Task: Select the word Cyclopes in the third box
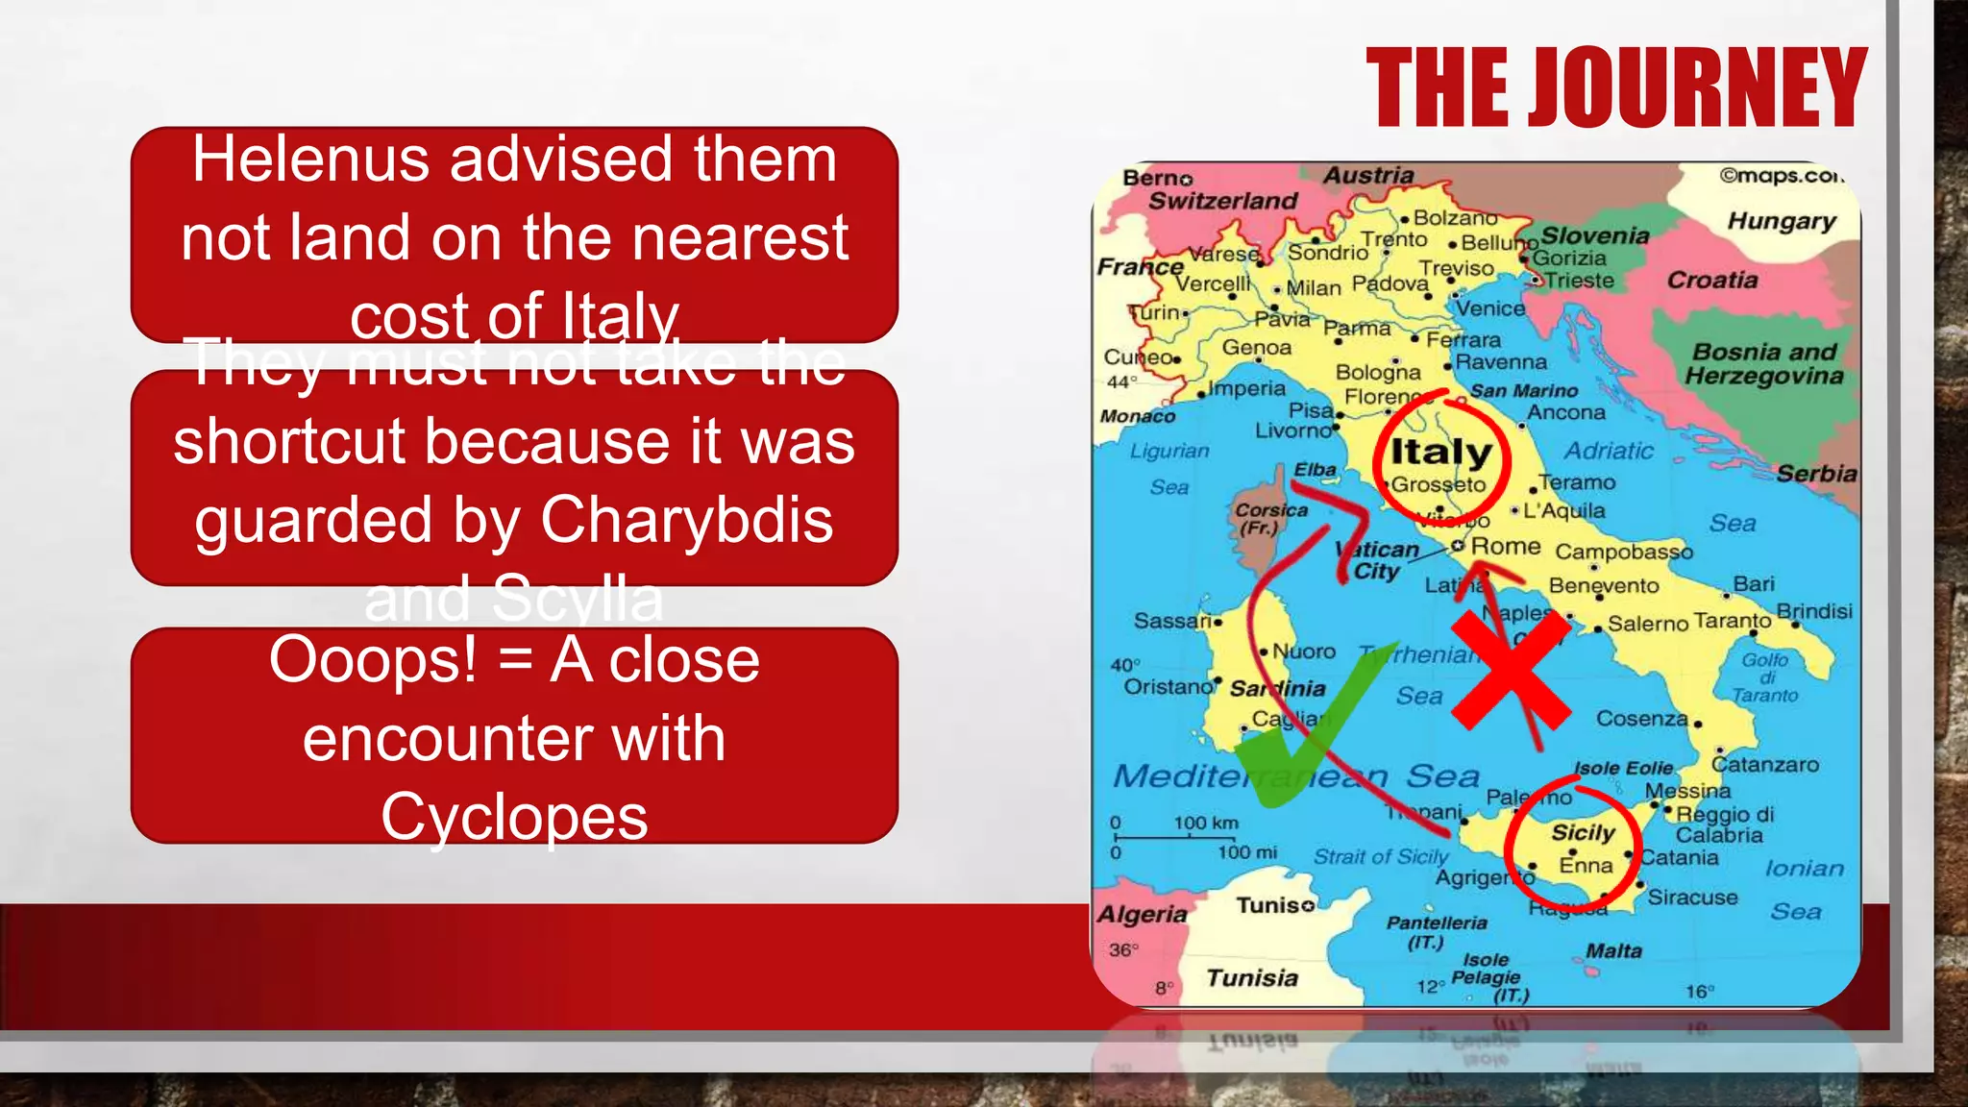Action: coord(514,817)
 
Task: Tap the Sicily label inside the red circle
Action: coord(1583,832)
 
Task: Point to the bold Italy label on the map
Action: coord(1441,451)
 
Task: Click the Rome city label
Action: coord(1505,546)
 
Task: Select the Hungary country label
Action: coord(1781,221)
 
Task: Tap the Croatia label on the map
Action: coord(1711,280)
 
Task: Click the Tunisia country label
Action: coord(1251,977)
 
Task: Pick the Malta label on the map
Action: coord(1613,950)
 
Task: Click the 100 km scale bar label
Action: coord(1205,823)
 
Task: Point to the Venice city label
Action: coord(1490,308)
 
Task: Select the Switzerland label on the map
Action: coord(1222,201)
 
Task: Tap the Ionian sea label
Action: coord(1804,868)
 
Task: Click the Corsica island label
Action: coord(1270,511)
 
